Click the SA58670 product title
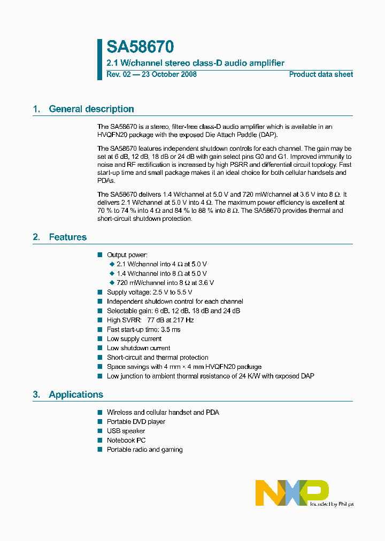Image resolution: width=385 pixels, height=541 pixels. [x=140, y=48]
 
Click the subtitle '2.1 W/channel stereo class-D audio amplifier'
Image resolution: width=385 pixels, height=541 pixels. [x=195, y=63]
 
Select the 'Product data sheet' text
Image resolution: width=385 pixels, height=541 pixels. [x=321, y=74]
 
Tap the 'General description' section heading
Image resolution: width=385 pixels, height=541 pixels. [x=91, y=109]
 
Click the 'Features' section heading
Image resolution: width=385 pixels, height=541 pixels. [x=67, y=237]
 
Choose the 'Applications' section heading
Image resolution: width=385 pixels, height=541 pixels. [x=75, y=395]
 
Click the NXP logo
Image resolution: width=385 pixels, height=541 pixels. [x=291, y=492]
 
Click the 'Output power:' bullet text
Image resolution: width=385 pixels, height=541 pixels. [x=127, y=255]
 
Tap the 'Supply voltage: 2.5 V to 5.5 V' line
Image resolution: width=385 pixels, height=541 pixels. [x=149, y=292]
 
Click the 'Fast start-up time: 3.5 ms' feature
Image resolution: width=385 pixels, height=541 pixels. [x=143, y=329]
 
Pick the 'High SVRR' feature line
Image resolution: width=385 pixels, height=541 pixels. [x=150, y=320]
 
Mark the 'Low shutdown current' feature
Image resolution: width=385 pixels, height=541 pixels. [x=138, y=348]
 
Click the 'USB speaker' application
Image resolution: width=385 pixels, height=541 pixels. [x=126, y=431]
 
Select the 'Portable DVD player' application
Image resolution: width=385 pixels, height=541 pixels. [x=136, y=422]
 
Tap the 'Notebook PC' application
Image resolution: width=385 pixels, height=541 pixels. [x=126, y=440]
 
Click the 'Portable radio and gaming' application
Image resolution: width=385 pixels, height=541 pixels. [x=144, y=450]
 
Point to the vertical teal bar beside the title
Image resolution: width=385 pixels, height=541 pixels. [x=99, y=59]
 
